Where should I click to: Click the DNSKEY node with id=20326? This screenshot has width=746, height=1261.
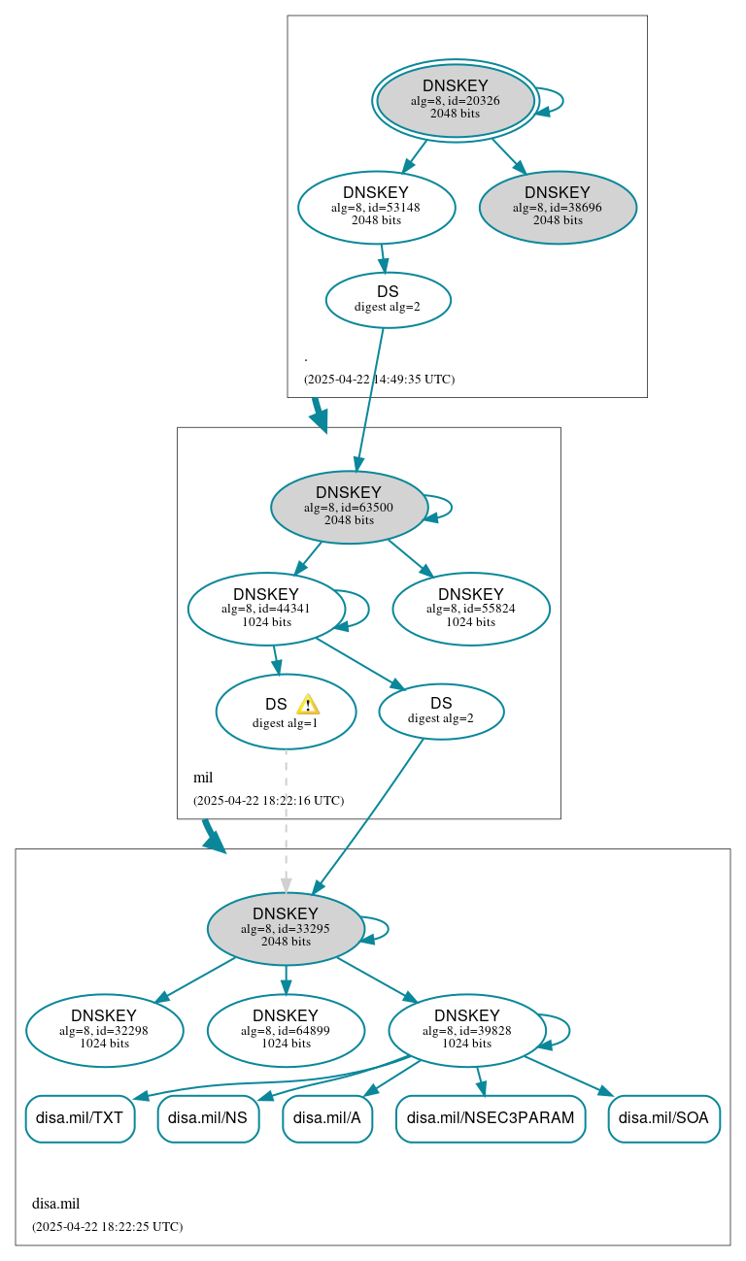click(x=456, y=101)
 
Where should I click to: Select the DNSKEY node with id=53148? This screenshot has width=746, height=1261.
click(x=376, y=208)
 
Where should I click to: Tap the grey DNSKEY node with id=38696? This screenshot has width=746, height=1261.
click(x=558, y=208)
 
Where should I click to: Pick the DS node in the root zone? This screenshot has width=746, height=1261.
click(x=388, y=299)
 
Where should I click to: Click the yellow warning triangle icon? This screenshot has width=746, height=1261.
click(x=308, y=705)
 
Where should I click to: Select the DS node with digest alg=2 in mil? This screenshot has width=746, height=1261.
click(x=441, y=711)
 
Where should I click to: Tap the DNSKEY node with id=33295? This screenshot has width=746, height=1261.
click(x=286, y=929)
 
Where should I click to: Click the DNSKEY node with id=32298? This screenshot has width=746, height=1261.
click(x=105, y=1031)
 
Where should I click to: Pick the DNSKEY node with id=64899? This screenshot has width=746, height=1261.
click(x=286, y=1031)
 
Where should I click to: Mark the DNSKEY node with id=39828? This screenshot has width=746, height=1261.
click(x=466, y=1031)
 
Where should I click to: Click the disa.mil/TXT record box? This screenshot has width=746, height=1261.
click(x=80, y=1118)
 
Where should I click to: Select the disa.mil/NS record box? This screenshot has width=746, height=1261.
click(x=208, y=1118)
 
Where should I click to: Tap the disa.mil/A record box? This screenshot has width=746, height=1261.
click(x=327, y=1118)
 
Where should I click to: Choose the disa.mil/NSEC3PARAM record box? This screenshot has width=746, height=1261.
click(x=491, y=1118)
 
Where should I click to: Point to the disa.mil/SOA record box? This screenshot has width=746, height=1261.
click(x=663, y=1118)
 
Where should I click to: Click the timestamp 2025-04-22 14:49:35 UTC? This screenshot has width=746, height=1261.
click(x=379, y=380)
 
